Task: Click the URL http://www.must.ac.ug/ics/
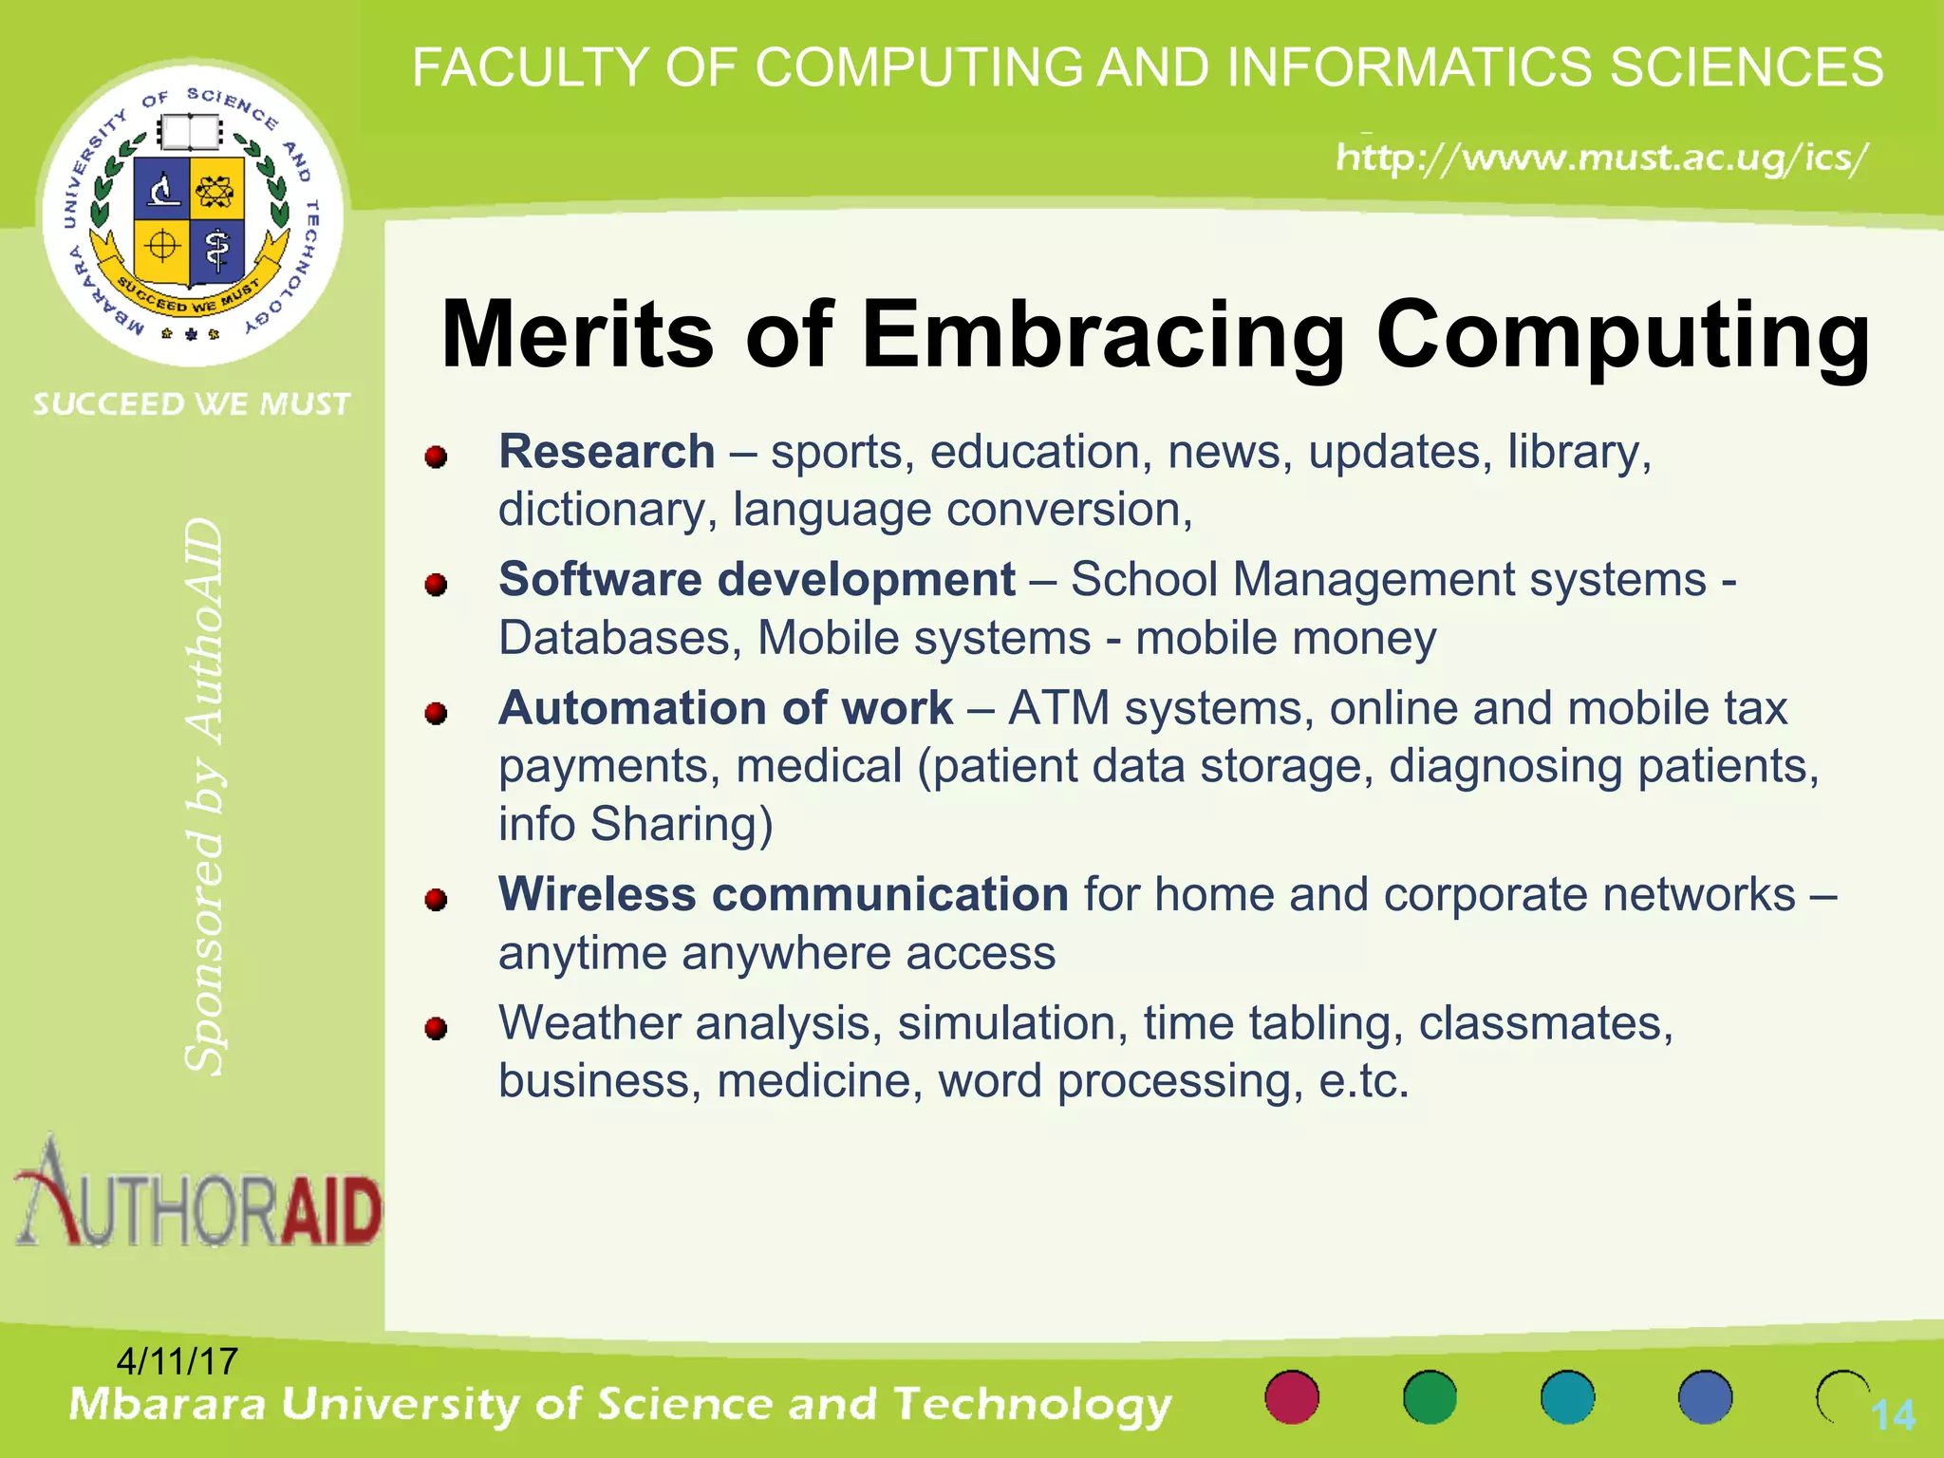1601,158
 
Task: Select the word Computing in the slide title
1623,335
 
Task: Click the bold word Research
607,452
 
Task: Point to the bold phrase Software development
757,580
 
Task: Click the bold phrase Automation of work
725,708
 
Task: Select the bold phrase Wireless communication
783,895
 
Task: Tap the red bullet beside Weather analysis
436,1029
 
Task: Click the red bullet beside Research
436,458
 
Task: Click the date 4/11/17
177,1361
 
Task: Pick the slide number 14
1893,1416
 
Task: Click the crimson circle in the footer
1292,1397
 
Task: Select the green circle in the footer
1430,1397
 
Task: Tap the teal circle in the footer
1567,1397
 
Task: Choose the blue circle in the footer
1705,1397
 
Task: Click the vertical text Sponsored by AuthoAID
204,797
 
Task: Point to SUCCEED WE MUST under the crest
192,404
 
